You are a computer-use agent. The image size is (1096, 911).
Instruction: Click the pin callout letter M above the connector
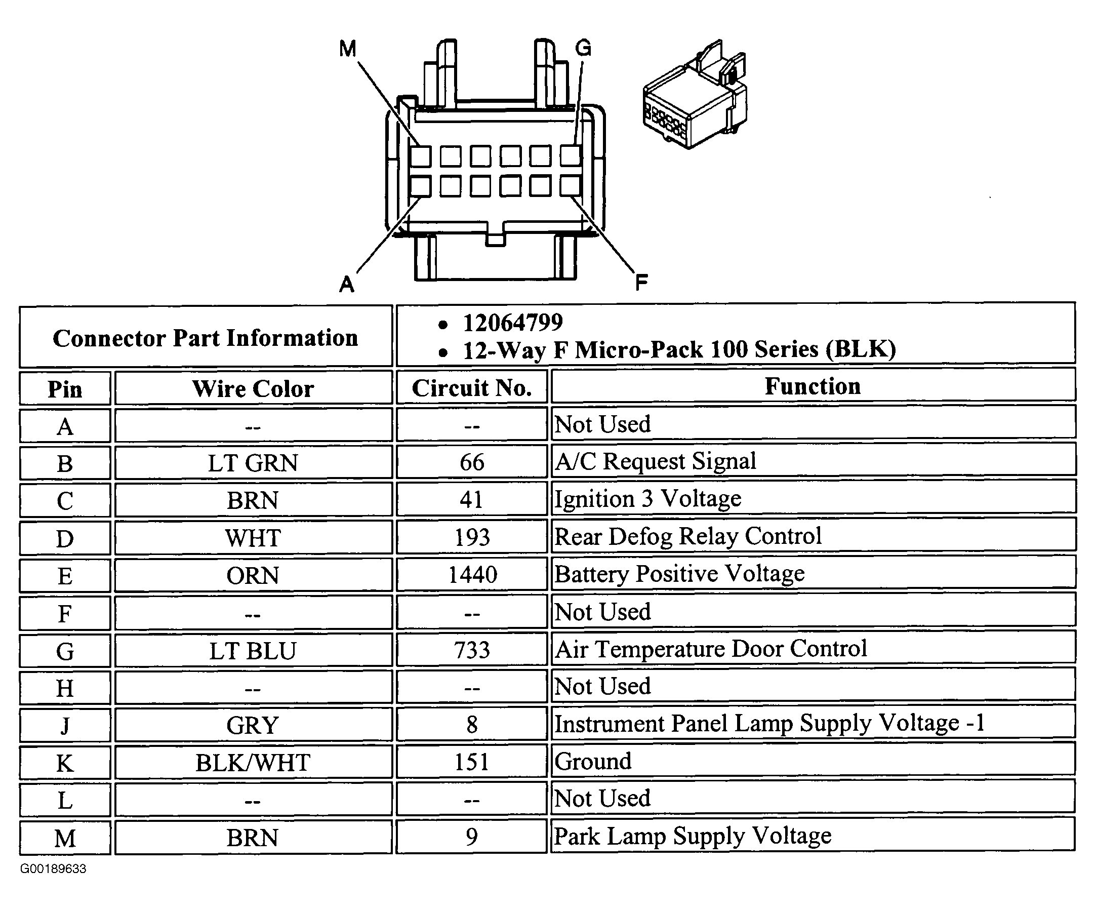[x=348, y=49]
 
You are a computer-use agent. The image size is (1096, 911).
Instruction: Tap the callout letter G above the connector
[x=583, y=48]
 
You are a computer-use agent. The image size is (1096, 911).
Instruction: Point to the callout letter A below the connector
[x=347, y=285]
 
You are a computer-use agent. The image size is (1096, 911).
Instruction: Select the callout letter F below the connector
[x=641, y=283]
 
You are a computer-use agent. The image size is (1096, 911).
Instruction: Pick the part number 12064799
[x=513, y=323]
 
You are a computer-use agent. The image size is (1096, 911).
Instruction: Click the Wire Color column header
[x=253, y=389]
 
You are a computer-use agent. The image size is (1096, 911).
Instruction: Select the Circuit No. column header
[x=472, y=388]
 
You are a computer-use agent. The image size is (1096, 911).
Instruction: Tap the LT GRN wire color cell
[x=253, y=463]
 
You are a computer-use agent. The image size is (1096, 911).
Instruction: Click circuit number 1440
[x=473, y=575]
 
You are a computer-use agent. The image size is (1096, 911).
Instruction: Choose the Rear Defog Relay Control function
[x=688, y=536]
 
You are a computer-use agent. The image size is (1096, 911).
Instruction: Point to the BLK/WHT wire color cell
[x=253, y=763]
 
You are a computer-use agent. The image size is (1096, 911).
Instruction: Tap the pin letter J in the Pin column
[x=65, y=726]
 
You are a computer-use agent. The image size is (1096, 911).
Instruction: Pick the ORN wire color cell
[x=253, y=576]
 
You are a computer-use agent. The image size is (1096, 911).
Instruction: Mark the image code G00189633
[x=53, y=868]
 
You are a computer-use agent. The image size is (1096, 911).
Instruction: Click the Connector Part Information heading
[x=206, y=338]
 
